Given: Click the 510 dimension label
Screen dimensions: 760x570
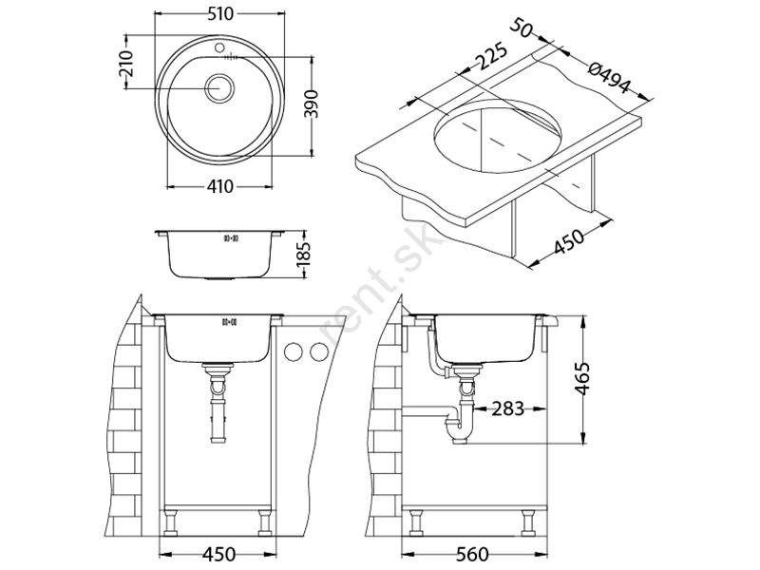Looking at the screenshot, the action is tap(220, 14).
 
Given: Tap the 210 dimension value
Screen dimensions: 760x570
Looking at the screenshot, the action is tap(126, 64).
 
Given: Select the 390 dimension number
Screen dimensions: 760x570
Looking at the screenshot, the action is tap(313, 104).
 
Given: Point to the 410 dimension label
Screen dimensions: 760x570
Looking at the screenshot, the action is tap(219, 186).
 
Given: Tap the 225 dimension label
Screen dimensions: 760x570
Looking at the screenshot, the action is tap(490, 58).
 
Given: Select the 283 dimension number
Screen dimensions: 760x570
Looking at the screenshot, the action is tap(508, 408).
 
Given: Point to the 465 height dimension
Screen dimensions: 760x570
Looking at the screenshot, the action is tap(582, 378).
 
